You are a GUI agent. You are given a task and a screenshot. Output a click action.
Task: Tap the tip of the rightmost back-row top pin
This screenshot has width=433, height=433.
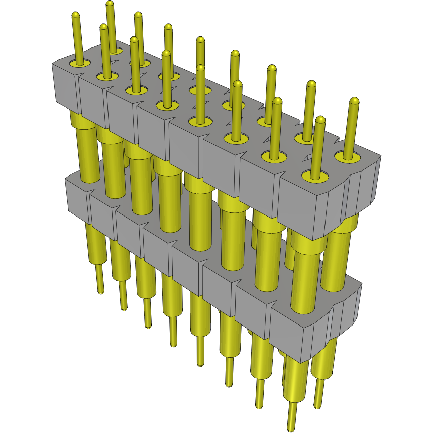pos(354,100)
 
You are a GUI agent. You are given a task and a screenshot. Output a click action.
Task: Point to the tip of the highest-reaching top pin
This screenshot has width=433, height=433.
pos(110,4)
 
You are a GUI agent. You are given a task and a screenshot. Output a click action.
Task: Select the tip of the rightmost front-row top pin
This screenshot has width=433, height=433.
pos(320,120)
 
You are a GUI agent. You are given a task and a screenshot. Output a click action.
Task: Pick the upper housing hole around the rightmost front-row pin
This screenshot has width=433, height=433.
pos(315,176)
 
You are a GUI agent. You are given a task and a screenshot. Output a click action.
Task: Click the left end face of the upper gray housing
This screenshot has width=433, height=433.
pos(65,87)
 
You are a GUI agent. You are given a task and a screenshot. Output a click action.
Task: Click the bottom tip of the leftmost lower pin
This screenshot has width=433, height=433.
pos(101,291)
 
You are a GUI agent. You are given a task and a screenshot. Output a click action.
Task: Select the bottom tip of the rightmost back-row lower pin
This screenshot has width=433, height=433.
pos(317,406)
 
